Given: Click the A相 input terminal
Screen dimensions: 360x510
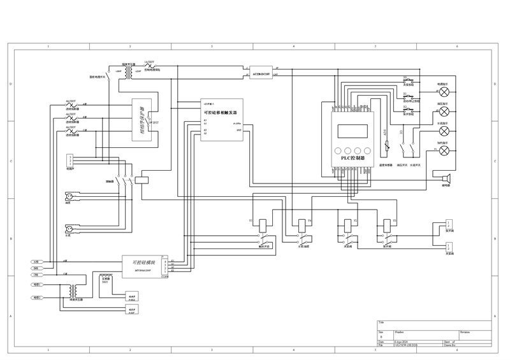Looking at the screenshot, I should point(36,262).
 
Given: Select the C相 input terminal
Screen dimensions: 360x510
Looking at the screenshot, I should point(36,275).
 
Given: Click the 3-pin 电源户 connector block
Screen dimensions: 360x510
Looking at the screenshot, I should point(71,160).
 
